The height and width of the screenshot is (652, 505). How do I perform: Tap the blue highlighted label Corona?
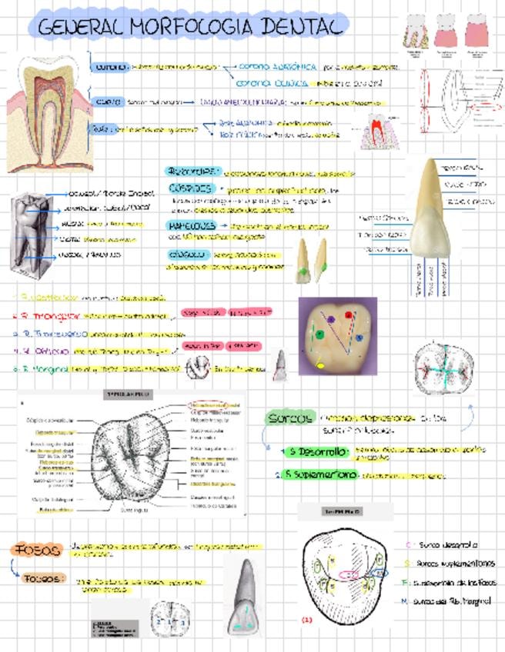(109, 67)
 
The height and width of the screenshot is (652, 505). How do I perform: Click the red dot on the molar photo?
(348, 314)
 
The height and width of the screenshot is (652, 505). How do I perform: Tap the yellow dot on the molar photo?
(320, 365)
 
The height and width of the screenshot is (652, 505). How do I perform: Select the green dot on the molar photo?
(316, 334)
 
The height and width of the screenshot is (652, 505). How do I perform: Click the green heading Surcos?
(289, 418)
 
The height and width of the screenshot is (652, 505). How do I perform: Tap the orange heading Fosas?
(36, 550)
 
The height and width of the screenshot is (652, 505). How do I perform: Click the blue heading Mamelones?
(190, 227)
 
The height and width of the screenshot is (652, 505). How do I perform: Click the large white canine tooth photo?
(436, 219)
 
